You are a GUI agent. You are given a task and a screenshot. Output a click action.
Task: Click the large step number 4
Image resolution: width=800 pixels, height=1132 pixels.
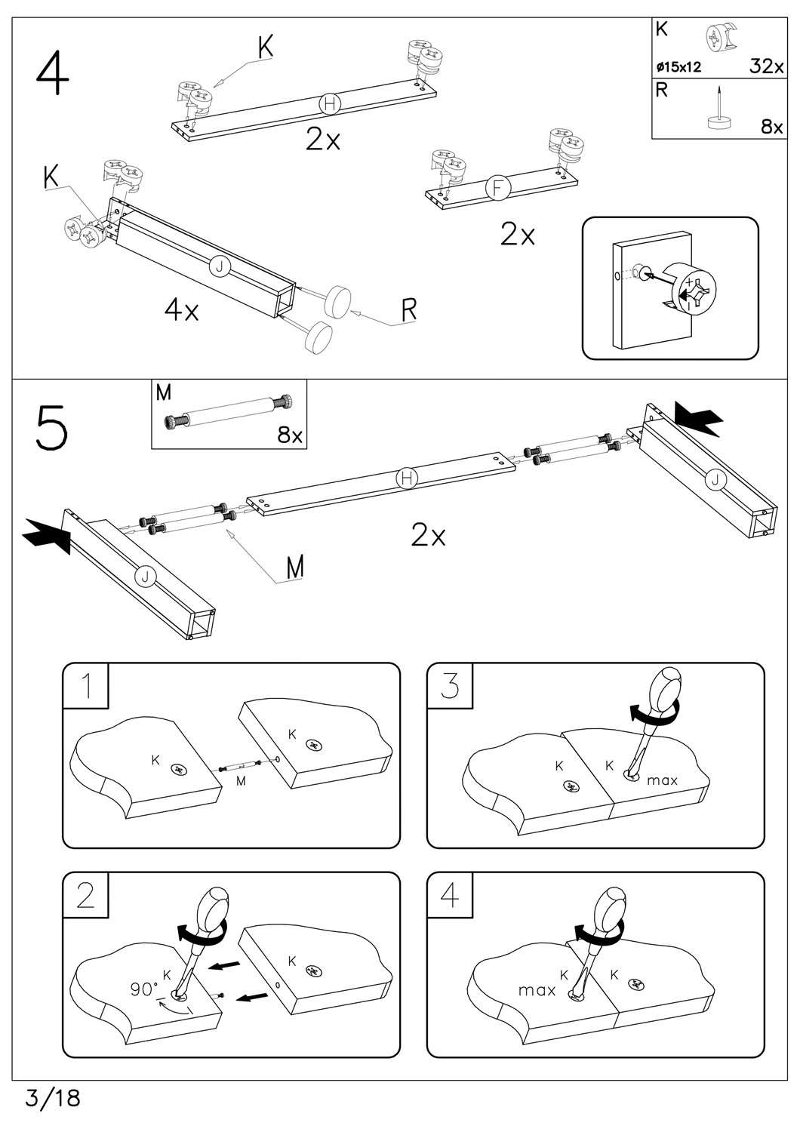(x=52, y=73)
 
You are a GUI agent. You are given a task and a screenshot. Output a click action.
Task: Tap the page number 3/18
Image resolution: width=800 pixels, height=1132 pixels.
(x=52, y=1097)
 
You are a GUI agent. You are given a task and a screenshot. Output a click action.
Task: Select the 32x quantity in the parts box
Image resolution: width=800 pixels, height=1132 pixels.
(x=766, y=66)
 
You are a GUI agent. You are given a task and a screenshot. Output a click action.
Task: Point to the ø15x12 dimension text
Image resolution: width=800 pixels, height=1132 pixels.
(x=678, y=67)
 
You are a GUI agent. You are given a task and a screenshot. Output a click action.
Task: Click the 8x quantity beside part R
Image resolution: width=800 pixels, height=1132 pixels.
(x=771, y=127)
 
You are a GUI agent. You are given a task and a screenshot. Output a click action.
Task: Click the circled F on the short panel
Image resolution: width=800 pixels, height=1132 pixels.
(x=497, y=188)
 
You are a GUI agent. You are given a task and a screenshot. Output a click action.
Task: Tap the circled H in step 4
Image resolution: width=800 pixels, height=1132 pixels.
(x=330, y=103)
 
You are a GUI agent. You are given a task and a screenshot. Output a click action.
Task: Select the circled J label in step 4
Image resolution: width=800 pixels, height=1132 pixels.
(x=220, y=266)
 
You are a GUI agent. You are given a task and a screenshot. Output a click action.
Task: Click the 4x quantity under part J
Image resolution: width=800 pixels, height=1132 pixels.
(x=182, y=310)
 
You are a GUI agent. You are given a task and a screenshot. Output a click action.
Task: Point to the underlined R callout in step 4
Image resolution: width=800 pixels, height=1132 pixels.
(x=409, y=309)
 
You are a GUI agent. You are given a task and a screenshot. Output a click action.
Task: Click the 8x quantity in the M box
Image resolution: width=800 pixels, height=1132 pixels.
(x=290, y=435)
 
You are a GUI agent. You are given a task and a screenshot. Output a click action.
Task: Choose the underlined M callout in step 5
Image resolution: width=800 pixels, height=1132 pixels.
(x=295, y=567)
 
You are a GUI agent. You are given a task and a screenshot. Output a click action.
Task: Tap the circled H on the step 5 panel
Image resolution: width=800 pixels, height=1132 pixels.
(x=407, y=477)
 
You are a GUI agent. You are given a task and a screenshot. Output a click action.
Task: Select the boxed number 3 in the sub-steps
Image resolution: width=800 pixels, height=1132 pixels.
(x=450, y=686)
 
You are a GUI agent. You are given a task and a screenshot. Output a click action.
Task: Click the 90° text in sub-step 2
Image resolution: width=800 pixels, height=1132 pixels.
(x=144, y=989)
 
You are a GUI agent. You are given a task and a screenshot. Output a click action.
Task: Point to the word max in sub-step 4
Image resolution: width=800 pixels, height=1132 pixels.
(x=537, y=989)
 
